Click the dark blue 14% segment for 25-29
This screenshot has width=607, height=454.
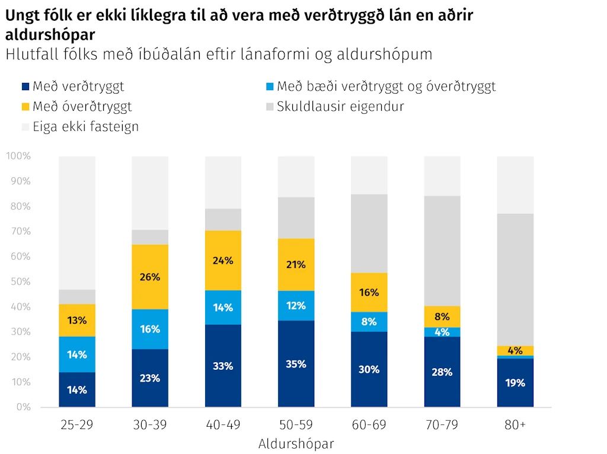point(77,389)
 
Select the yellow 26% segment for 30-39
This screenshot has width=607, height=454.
point(150,277)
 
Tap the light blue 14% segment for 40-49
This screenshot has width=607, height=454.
point(223,308)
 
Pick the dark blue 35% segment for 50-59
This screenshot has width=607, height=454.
point(296,363)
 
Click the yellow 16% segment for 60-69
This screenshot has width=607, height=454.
point(369,292)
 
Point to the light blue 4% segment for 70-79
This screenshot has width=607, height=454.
point(442,332)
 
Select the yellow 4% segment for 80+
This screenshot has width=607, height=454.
point(515,351)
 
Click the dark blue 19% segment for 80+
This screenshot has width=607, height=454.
point(515,382)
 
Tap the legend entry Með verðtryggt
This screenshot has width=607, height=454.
point(73,87)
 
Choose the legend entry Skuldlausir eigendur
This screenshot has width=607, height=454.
point(336,107)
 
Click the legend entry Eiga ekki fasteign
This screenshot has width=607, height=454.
point(80,127)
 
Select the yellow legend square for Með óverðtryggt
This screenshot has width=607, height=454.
point(25,107)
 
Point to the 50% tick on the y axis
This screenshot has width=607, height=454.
point(21,282)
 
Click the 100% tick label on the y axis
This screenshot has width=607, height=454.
point(18,156)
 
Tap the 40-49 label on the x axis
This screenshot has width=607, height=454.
point(223,424)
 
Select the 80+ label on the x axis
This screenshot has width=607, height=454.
point(515,424)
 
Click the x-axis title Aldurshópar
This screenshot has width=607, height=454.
point(296,443)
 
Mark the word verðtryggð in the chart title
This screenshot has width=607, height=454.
point(344,15)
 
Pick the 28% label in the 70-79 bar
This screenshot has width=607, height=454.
point(442,372)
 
